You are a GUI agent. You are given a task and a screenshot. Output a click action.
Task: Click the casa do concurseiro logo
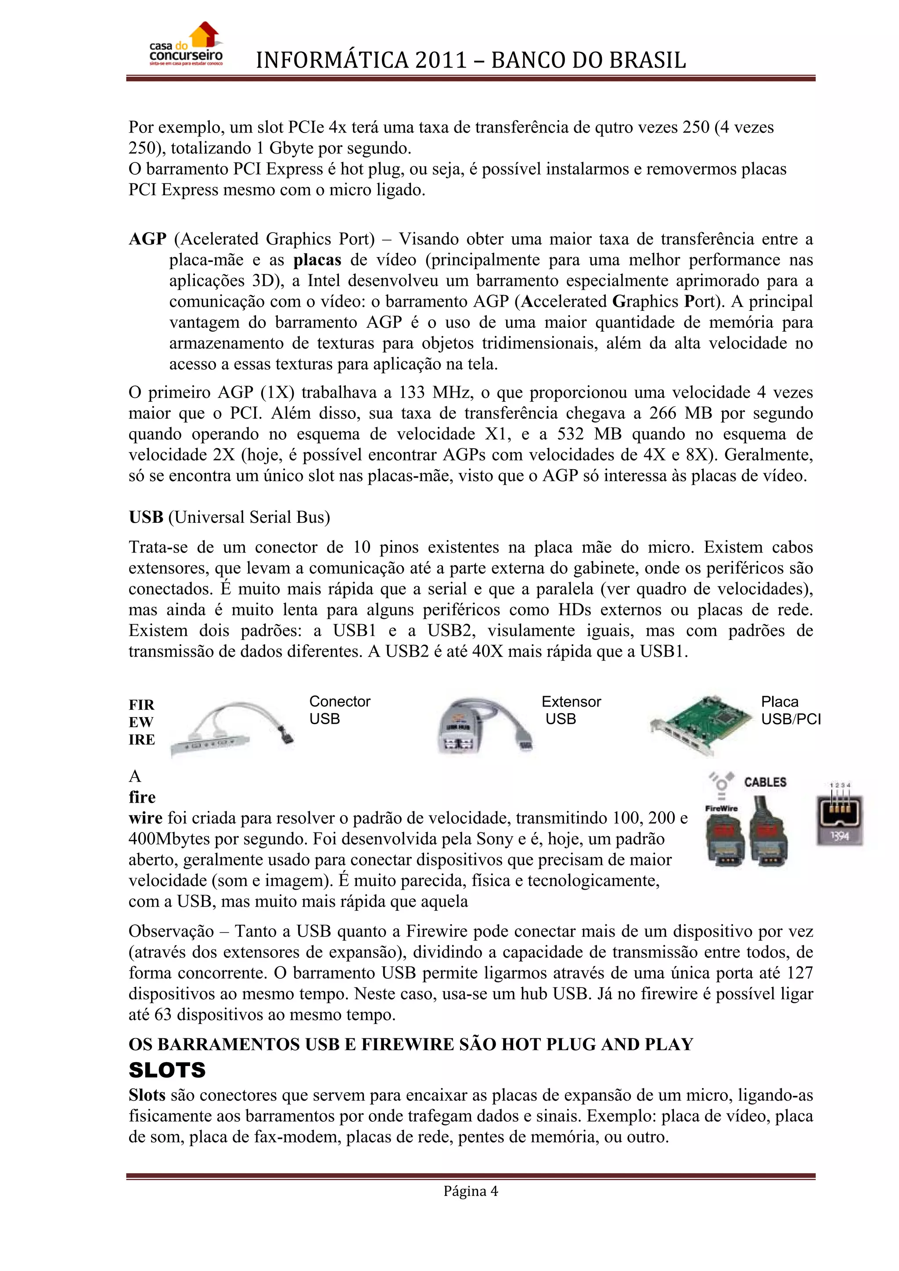click(x=186, y=45)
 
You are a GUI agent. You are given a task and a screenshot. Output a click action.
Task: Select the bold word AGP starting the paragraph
click(x=147, y=239)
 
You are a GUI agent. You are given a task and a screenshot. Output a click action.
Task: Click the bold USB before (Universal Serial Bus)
click(x=146, y=517)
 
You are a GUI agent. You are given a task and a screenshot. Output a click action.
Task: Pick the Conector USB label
click(x=339, y=710)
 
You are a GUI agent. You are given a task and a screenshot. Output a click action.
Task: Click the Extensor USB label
click(x=571, y=710)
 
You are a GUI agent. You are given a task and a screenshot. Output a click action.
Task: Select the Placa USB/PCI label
click(x=791, y=710)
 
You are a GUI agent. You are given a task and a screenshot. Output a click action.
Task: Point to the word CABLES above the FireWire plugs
click(x=765, y=782)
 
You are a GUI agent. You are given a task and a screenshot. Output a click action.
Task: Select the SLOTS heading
click(x=167, y=1070)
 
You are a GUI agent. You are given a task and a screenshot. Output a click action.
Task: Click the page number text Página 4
click(x=471, y=1191)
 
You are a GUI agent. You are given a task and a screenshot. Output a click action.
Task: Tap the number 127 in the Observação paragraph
click(x=799, y=973)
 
